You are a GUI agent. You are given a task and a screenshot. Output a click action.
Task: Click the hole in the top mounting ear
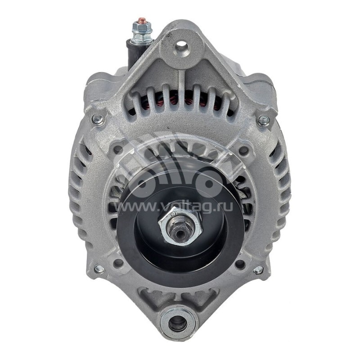[x=182, y=45]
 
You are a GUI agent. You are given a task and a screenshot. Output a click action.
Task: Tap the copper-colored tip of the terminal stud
[x=141, y=20]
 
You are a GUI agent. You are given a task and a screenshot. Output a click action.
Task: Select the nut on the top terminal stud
[x=141, y=31]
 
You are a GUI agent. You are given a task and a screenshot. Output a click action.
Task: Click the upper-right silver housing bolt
[x=264, y=120]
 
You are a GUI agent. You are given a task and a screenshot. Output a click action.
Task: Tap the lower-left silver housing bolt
[x=99, y=269]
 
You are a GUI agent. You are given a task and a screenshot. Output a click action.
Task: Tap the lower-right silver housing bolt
[x=258, y=270]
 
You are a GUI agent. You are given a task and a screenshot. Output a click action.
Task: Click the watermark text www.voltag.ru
[x=180, y=207]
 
